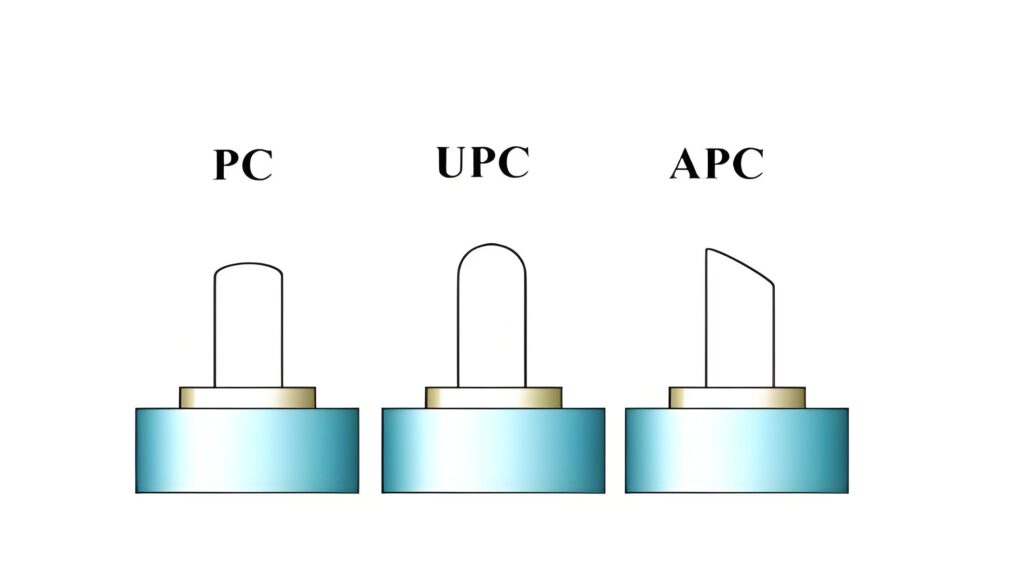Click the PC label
point(243,164)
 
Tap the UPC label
point(483,162)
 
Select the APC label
point(717,163)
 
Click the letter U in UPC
point(453,162)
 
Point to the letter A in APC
point(686,164)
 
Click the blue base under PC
point(247,450)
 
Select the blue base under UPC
point(493,450)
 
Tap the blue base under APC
point(737,450)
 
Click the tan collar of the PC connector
point(248,398)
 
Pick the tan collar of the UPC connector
point(494,398)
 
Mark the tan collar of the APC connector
point(737,398)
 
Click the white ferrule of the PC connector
point(248,325)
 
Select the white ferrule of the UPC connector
point(492,316)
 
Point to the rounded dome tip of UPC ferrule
point(492,245)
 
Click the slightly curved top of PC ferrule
point(248,264)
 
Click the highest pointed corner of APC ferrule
point(707,249)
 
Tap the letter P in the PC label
point(228,165)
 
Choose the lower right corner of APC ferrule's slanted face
point(774,285)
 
